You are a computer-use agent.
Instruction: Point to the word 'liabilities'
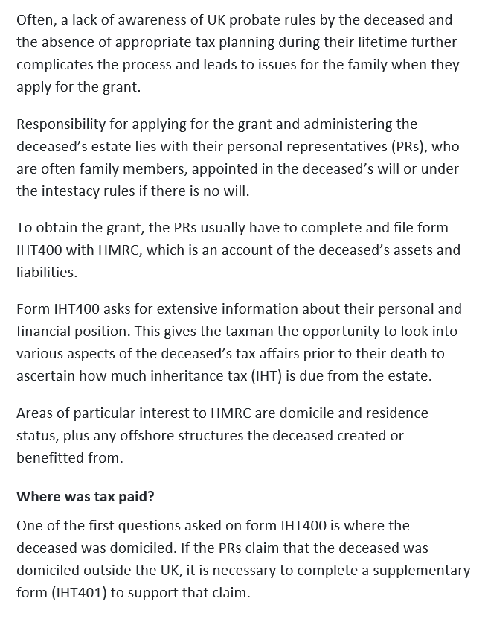(45, 272)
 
